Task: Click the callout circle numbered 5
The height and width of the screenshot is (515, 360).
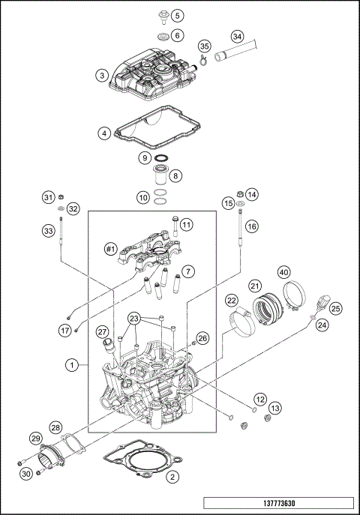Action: click(176, 15)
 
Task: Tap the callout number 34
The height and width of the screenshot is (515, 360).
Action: click(237, 36)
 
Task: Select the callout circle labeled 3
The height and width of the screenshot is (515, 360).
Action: click(101, 75)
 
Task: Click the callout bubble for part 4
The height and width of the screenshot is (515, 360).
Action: click(104, 133)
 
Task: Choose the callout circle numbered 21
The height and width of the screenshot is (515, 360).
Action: click(255, 286)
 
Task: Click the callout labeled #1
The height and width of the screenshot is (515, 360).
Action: click(109, 248)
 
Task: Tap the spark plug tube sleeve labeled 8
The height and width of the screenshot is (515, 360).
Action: click(160, 180)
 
